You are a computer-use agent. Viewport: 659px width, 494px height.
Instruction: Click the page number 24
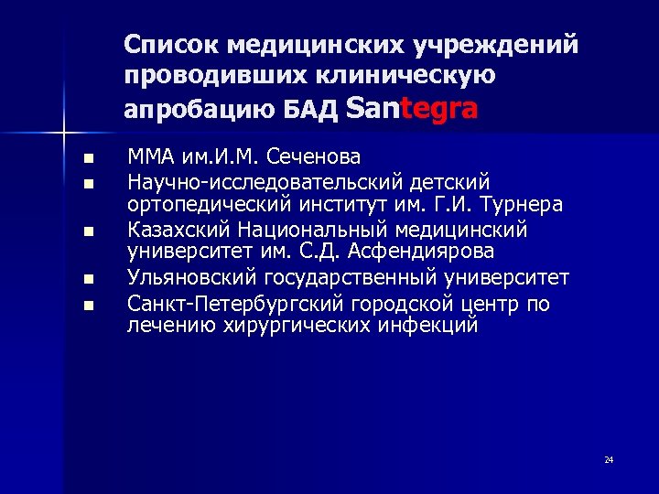(609, 459)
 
